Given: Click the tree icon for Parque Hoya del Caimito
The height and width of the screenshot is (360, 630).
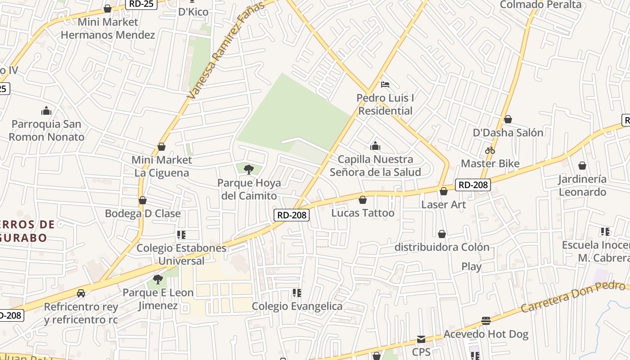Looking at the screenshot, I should (x=248, y=169).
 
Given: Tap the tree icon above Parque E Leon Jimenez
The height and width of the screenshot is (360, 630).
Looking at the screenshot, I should (x=157, y=279).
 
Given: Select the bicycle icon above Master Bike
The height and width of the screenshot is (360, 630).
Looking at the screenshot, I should (x=490, y=150).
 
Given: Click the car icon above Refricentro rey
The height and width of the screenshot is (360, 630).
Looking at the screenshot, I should (x=81, y=293).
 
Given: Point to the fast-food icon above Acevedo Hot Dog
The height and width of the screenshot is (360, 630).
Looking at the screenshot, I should (x=486, y=321).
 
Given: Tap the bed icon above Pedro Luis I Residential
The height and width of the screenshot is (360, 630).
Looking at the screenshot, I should (x=385, y=84).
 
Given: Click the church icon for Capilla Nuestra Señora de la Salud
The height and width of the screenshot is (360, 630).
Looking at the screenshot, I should (x=375, y=146).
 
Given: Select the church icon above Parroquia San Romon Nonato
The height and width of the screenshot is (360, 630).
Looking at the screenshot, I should (x=46, y=111).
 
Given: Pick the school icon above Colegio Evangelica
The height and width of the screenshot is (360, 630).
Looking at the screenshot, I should (x=297, y=293).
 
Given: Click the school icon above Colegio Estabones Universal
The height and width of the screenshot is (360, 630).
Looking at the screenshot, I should (x=181, y=234).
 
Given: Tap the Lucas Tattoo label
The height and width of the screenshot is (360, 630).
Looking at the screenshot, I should (x=363, y=213).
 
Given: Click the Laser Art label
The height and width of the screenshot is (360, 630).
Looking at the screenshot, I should (x=443, y=204).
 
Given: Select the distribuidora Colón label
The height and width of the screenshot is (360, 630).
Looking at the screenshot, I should (x=441, y=247).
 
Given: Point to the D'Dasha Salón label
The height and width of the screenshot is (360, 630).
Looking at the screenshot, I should (x=508, y=133).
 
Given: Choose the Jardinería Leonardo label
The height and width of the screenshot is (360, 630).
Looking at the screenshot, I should (x=582, y=185).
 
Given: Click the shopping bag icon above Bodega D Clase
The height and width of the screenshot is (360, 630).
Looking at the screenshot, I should (x=143, y=200).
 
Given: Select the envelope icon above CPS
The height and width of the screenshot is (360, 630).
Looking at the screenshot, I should (x=421, y=339).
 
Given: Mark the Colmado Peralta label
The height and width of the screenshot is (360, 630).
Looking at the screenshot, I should (x=540, y=5).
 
